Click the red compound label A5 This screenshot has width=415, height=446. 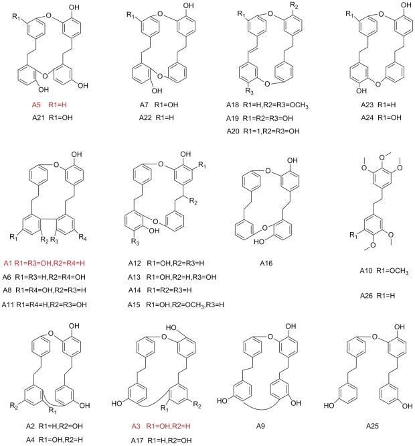39,105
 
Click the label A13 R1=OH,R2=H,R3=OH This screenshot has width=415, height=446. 170,278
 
